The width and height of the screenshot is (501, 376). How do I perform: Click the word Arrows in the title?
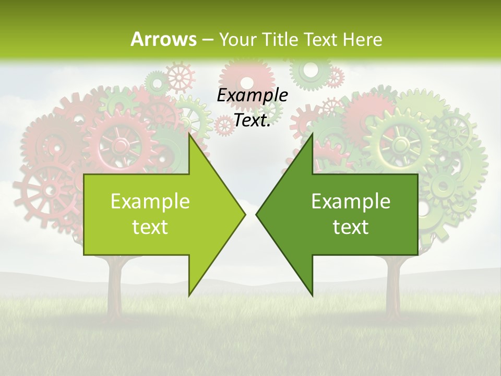click(x=164, y=39)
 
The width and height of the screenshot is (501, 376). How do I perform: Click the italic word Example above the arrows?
click(x=252, y=95)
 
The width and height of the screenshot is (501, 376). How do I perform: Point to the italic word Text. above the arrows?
click(x=252, y=121)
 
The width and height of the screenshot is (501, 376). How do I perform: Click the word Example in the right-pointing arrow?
click(x=150, y=201)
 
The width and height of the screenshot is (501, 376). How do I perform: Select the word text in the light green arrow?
click(x=150, y=227)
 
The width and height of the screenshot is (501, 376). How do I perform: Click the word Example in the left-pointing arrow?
click(x=351, y=201)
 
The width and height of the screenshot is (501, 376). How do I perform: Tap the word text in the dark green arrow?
click(x=351, y=227)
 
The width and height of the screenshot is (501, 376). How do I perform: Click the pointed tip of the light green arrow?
click(x=244, y=214)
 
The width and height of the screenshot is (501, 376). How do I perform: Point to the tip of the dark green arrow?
click(x=257, y=214)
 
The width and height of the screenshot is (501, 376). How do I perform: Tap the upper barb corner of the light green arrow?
click(x=189, y=134)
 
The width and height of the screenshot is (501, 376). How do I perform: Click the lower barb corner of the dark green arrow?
click(x=313, y=295)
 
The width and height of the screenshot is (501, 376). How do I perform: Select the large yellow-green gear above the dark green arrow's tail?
click(x=400, y=143)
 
